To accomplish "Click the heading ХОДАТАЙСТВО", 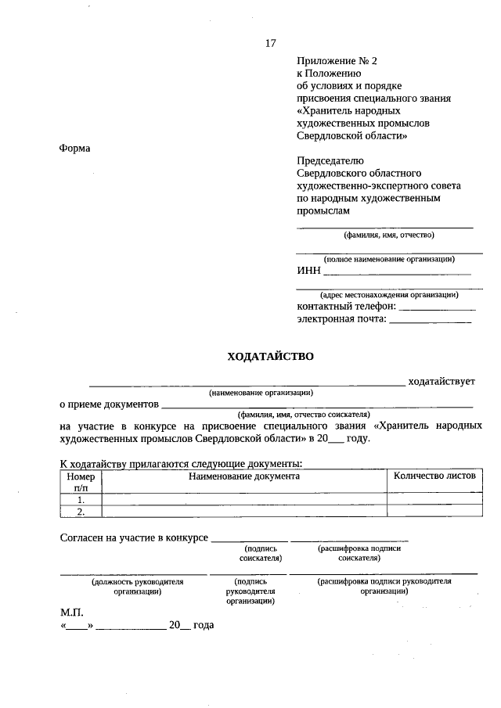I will pos(270,356).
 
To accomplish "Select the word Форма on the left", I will pos(75,149).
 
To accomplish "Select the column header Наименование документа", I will pos(243,476).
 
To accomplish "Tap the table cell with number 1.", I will pos(81,499).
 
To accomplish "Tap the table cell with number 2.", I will pos(81,512).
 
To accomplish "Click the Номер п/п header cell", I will pos(81,481).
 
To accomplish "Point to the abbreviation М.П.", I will pos(71,611).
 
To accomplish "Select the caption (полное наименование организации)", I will pos(389,258).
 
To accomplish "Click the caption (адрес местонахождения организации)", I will pos(389,294).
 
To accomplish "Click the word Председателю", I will pos(330,161).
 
